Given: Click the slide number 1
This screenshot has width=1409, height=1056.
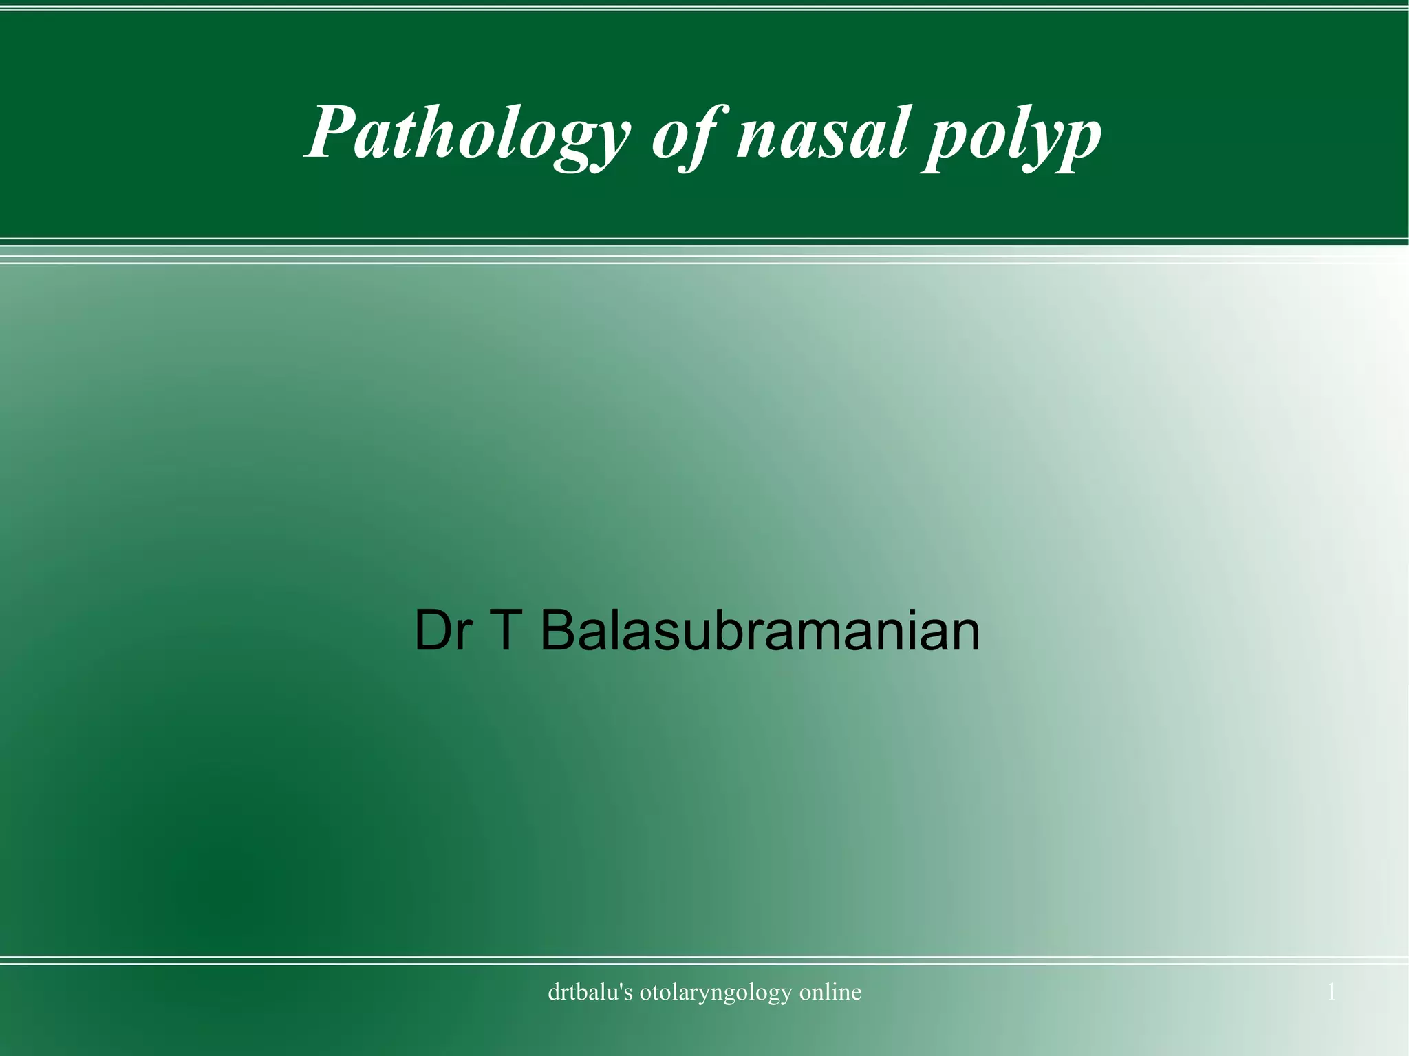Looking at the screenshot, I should (x=1331, y=992).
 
